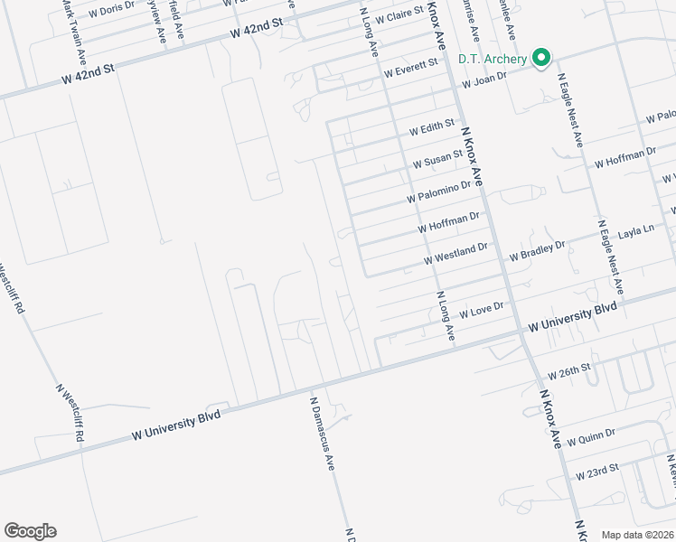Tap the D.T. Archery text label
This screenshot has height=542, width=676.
pyautogui.click(x=492, y=60)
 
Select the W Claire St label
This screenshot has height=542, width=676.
pyautogui.click(x=399, y=17)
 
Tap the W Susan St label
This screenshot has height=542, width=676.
pyautogui.click(x=437, y=161)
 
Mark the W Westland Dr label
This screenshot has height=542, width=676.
pyautogui.click(x=455, y=253)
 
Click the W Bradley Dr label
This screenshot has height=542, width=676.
pyautogui.click(x=536, y=250)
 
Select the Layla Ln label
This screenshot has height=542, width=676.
pyautogui.click(x=635, y=232)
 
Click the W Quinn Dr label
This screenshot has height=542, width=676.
pyautogui.click(x=591, y=437)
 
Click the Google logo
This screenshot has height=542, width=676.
pyautogui.click(x=30, y=531)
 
